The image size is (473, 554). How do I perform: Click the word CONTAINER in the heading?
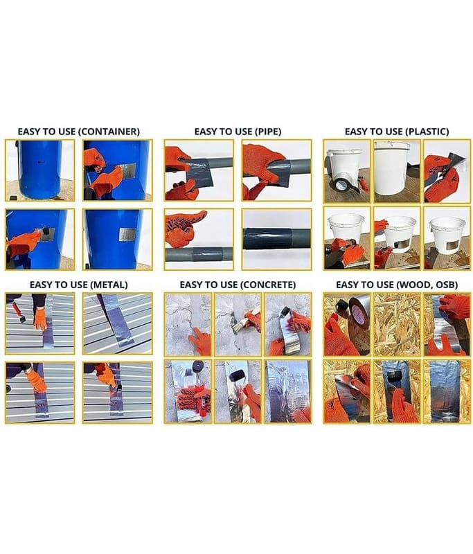[109, 132]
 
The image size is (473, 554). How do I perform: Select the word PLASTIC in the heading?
[427, 132]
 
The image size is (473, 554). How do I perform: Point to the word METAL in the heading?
[109, 285]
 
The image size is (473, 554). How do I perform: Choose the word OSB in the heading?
[447, 285]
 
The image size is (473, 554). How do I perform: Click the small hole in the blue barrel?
[40, 163]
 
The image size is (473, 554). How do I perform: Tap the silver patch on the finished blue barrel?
[127, 235]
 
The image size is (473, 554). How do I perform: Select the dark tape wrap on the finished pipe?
[267, 239]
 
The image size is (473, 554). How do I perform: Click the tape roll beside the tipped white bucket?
[341, 185]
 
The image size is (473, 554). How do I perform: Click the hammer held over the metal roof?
[19, 312]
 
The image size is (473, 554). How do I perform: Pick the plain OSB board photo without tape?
[397, 324]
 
